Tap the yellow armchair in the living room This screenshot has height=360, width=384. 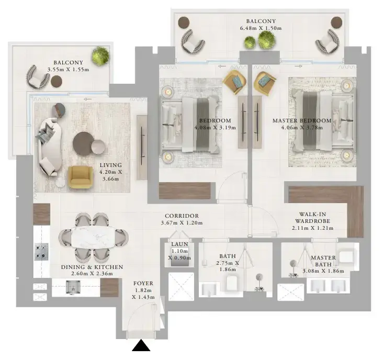[81, 177]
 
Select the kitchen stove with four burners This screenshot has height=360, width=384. [41, 252]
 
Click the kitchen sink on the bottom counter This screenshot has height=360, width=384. [73, 287]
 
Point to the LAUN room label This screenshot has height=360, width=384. [180, 244]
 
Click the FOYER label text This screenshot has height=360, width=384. [143, 284]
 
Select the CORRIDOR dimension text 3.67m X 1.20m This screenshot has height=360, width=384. [182, 223]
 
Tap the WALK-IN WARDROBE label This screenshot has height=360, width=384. [312, 218]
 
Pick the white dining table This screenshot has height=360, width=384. [93, 238]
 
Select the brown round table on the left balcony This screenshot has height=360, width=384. [57, 81]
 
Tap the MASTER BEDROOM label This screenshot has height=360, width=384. [302, 120]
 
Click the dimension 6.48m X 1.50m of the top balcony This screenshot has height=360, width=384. [261, 28]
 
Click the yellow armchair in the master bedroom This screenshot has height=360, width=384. [265, 83]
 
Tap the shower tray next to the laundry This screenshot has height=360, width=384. [181, 286]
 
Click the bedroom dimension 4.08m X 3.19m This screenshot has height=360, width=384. [215, 128]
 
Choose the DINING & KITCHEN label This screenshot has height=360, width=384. [92, 267]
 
